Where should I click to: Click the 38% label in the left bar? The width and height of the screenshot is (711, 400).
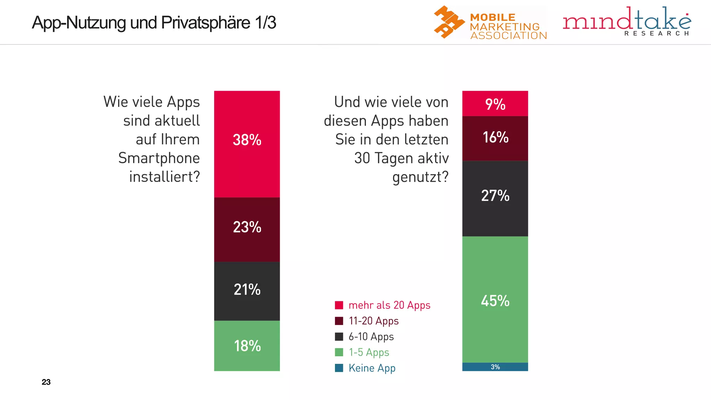(x=247, y=140)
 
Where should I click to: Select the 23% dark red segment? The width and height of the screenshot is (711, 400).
(x=247, y=229)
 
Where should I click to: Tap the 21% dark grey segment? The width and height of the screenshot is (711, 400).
(x=247, y=291)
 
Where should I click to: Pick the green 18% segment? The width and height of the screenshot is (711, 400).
(x=247, y=346)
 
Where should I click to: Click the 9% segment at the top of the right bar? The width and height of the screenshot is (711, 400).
(x=495, y=104)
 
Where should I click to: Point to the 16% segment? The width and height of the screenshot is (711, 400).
(x=495, y=138)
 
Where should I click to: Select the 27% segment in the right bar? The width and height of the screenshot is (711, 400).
(x=495, y=198)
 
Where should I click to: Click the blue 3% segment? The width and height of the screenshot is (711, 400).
(x=495, y=367)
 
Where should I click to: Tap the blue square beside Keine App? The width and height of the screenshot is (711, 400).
(x=339, y=368)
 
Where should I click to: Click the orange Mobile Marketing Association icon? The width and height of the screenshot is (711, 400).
(x=449, y=22)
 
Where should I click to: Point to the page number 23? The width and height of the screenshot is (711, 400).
(x=46, y=382)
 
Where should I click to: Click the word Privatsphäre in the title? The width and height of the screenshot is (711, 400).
(x=206, y=23)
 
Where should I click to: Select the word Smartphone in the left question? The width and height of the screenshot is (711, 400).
(x=159, y=158)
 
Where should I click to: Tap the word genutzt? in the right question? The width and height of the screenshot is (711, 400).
(x=420, y=177)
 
